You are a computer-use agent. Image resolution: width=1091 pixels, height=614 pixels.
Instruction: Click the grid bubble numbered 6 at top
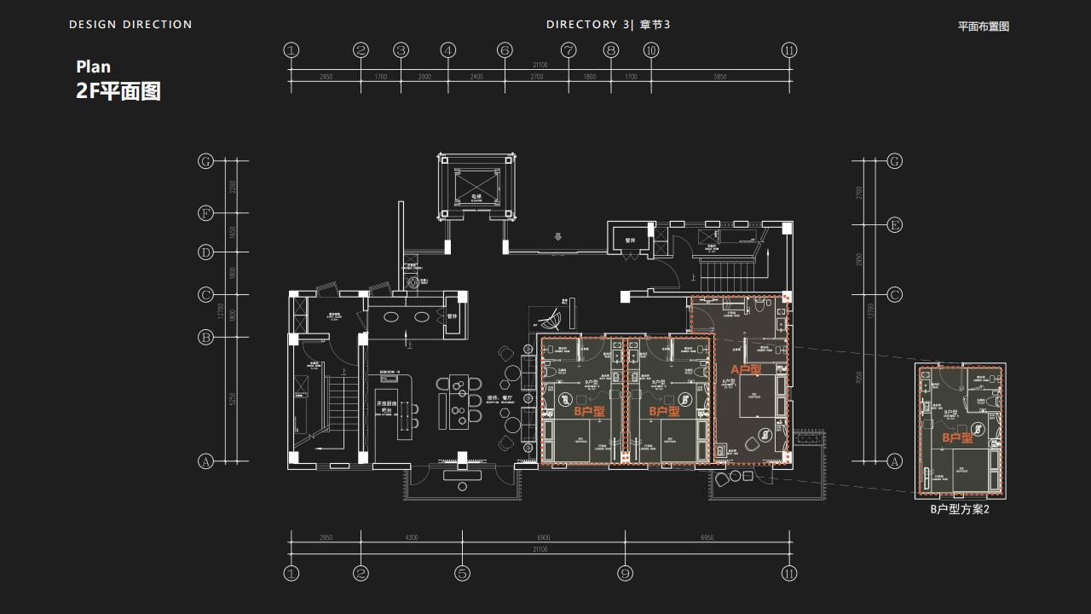coord(505,50)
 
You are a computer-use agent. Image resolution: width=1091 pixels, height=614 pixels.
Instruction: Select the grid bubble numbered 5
coord(462,573)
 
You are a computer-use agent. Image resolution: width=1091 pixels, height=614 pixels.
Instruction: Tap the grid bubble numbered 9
coord(625,573)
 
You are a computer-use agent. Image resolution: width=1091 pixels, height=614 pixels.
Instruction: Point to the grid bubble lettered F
coord(205,213)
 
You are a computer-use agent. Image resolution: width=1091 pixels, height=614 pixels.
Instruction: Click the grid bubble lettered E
coord(894,225)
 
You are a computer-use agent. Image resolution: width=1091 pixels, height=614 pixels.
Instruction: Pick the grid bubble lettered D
coord(205,252)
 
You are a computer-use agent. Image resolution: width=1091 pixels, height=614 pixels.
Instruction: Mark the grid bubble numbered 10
coord(651,50)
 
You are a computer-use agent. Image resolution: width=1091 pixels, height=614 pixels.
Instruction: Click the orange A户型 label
coord(746,370)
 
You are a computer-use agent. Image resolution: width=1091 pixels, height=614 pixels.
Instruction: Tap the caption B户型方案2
coord(960,509)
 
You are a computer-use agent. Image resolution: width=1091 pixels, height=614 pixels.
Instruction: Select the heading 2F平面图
coord(118,91)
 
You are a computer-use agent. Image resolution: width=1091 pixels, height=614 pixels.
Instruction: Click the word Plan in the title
coord(94,67)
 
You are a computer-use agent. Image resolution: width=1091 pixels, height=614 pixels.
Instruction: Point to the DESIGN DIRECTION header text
coord(130,25)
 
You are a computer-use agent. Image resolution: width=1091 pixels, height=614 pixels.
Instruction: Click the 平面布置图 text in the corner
coord(983,26)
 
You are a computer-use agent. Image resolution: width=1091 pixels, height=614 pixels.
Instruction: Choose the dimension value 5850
coord(720,77)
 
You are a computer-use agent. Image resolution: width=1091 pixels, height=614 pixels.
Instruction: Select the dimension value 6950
coord(707,537)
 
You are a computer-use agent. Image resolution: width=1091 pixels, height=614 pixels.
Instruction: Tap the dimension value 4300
coord(411,537)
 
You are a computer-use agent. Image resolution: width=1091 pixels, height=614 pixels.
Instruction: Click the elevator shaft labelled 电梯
coord(477,185)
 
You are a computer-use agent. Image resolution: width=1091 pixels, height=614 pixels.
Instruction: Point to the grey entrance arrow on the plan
coord(558,237)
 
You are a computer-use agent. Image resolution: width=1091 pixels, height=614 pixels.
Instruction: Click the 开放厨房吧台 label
coord(386,407)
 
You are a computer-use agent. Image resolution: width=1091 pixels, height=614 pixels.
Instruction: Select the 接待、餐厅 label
coord(499,398)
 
